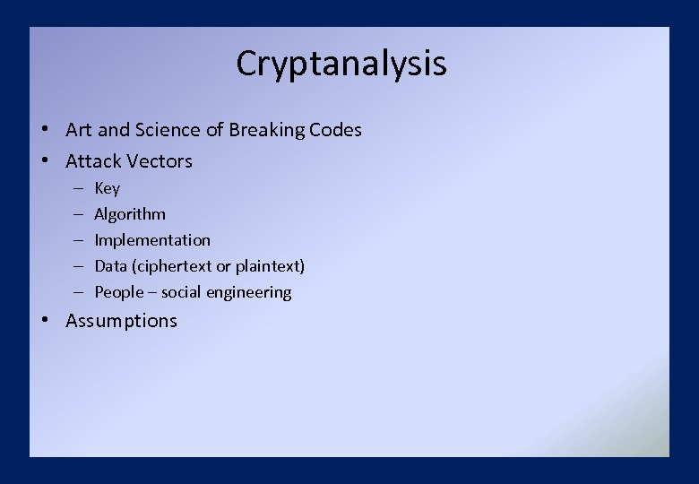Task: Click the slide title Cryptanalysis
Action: pyautogui.click(x=341, y=64)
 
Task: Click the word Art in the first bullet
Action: pyautogui.click(x=79, y=130)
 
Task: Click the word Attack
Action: pyautogui.click(x=92, y=161)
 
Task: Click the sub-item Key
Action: pyautogui.click(x=107, y=188)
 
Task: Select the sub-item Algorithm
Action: pyautogui.click(x=130, y=214)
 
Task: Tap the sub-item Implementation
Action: pyautogui.click(x=152, y=240)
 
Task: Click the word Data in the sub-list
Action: pyautogui.click(x=111, y=266)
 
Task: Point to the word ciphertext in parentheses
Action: pyautogui.click(x=172, y=266)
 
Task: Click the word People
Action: pyautogui.click(x=118, y=292)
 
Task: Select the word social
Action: pyautogui.click(x=183, y=292)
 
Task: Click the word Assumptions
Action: pyautogui.click(x=121, y=321)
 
